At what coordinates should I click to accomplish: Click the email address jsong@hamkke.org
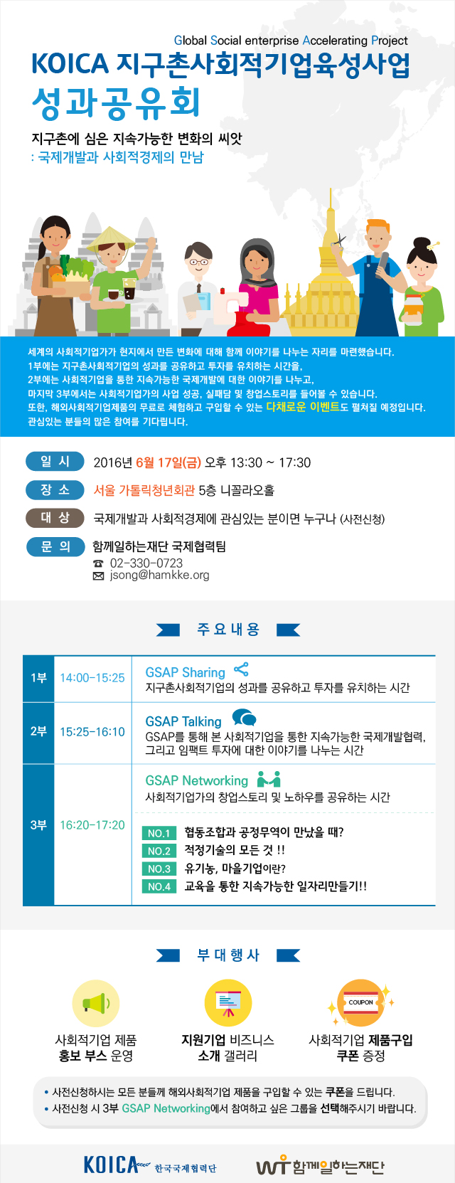coord(159,575)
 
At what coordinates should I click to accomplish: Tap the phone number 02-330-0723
coord(146,563)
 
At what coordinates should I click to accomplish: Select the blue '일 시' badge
coord(55,462)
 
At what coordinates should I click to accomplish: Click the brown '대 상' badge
coord(55,518)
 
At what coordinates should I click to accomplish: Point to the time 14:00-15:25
coord(92,678)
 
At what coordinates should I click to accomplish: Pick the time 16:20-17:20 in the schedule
coord(92,825)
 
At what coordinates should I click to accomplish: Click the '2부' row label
coord(38,731)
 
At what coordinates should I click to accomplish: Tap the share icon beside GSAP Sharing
coord(241,669)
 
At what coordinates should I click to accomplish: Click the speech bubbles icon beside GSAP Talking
coord(245,718)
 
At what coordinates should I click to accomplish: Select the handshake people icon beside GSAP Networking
coord(269,779)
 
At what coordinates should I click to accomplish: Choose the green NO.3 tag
coord(159,869)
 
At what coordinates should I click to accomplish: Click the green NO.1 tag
coord(159,834)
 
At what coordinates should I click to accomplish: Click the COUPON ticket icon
coord(361,1002)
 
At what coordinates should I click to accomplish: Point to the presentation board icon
coord(228,1003)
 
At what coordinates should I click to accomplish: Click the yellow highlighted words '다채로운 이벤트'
coord(303,407)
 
